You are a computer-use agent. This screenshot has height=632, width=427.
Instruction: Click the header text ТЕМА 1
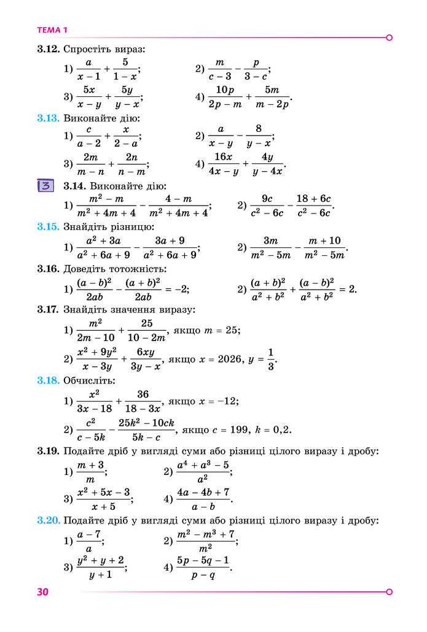coord(53,30)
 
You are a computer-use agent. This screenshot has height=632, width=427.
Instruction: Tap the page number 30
coord(42,592)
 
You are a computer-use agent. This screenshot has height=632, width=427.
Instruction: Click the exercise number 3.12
coord(49,48)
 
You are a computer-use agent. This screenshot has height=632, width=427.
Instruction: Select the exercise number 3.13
coord(49,118)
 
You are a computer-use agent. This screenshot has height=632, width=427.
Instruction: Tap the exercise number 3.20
coord(49,521)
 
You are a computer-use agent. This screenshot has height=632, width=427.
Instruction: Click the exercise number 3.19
coord(49,452)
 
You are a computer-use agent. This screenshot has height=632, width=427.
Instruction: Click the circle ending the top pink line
coord(389,37)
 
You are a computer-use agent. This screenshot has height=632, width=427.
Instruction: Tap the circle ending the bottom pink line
coord(389,592)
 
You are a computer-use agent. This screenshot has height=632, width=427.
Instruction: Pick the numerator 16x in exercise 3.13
coord(224,156)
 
